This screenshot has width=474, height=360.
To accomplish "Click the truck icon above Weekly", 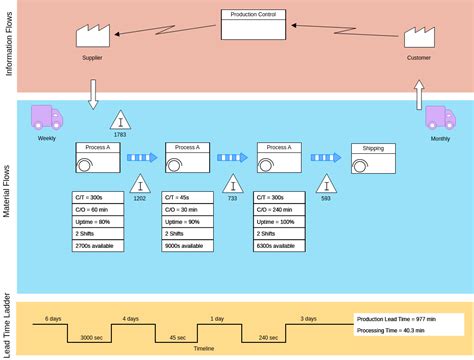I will coord(46,117).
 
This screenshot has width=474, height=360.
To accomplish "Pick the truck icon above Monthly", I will coord(439,118).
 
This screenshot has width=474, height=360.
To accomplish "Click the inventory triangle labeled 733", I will coord(232,185).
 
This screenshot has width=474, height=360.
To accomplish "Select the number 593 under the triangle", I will coord(326,198).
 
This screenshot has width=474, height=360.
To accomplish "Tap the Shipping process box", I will coord(373,157).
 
